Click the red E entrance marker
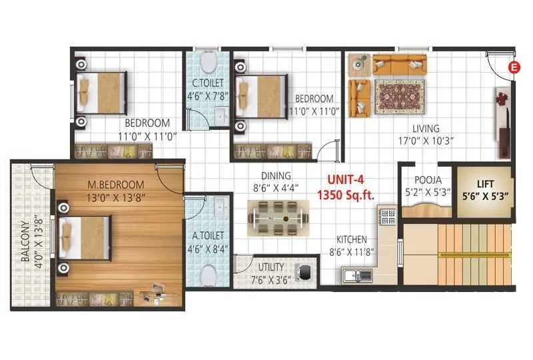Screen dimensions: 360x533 point(513,66)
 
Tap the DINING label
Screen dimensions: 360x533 point(275,176)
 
